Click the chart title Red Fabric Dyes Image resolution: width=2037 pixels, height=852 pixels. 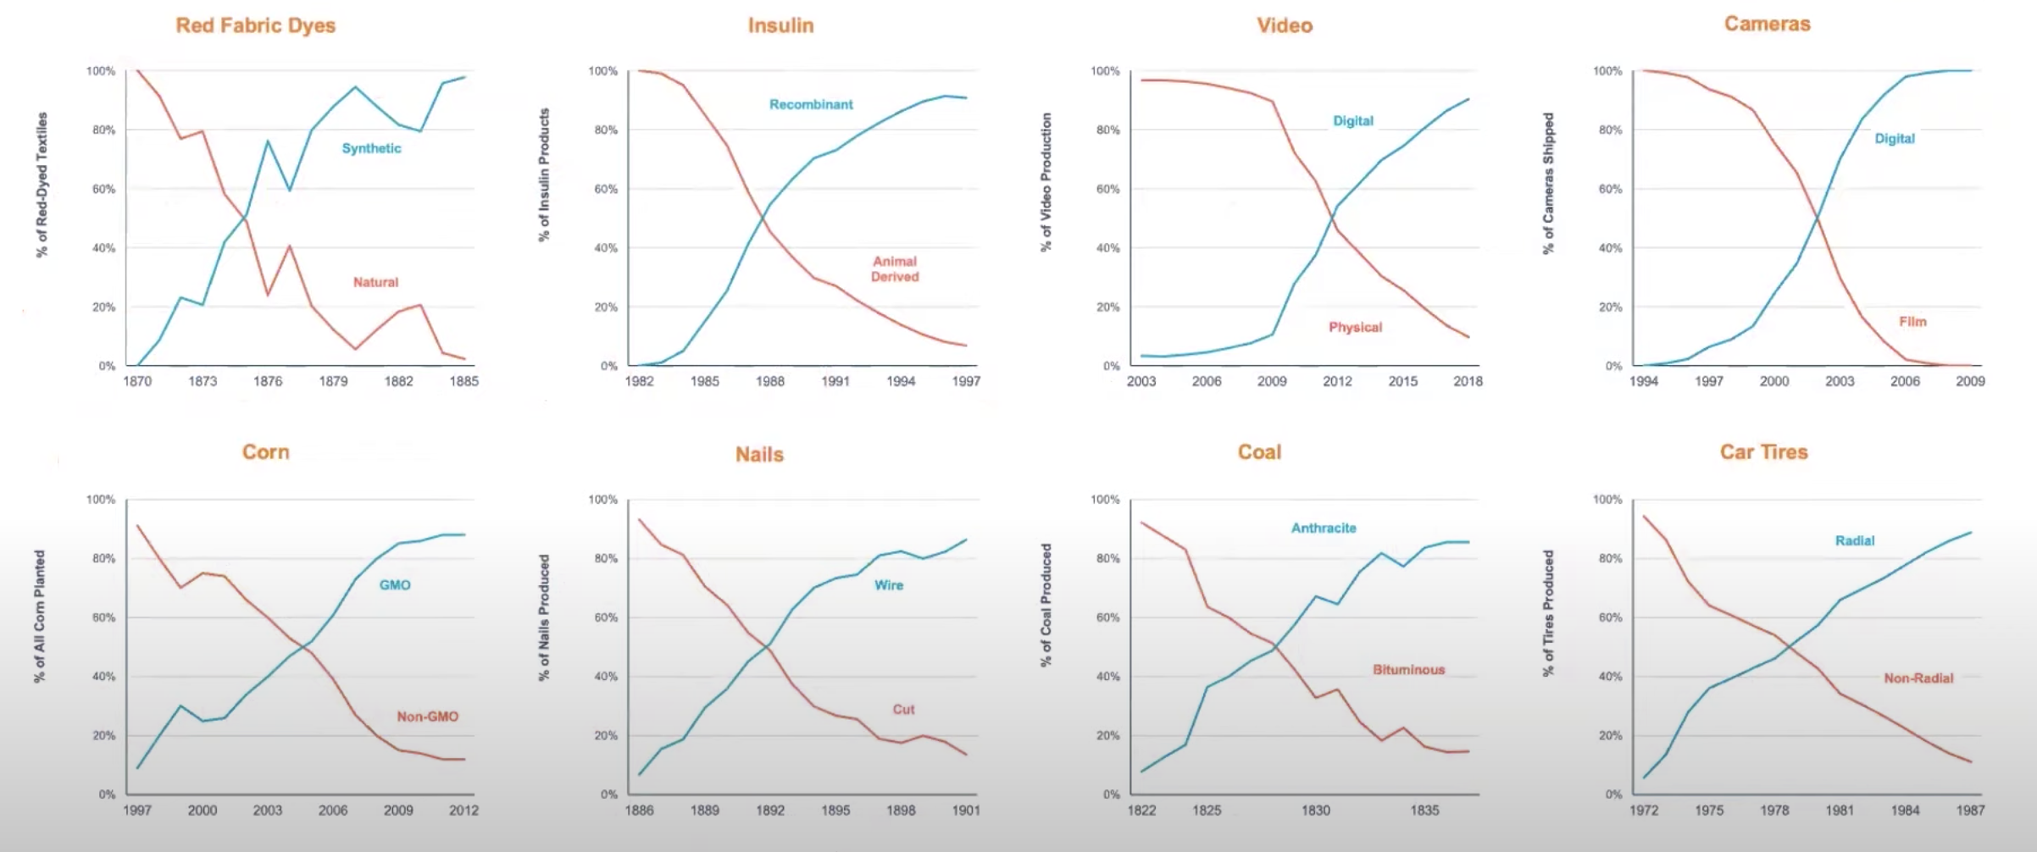[x=255, y=25]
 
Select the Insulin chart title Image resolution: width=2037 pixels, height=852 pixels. [x=780, y=25]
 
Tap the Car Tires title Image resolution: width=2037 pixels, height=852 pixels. [x=1763, y=452]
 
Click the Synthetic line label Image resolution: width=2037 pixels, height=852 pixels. [x=371, y=148]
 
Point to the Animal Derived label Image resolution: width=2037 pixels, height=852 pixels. [x=895, y=269]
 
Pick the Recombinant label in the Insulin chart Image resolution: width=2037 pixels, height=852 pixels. [x=811, y=104]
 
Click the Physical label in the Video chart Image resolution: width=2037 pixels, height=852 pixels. [x=1355, y=327]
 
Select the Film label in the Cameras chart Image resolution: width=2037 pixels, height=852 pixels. [x=1912, y=322]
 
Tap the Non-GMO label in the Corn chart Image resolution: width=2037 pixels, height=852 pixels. [x=427, y=716]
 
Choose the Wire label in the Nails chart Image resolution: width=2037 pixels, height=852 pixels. [x=889, y=585]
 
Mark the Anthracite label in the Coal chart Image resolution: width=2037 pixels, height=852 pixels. [x=1324, y=528]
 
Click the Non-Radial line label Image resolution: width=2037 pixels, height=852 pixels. [x=1918, y=678]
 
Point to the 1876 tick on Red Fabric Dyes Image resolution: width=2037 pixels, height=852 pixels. [x=268, y=381]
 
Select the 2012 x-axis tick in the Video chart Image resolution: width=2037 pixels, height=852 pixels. [x=1337, y=381]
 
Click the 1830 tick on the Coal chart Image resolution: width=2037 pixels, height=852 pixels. [x=1316, y=811]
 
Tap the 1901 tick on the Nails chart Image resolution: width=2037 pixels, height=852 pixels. [x=966, y=811]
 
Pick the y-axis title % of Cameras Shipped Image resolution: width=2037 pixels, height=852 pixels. [x=1548, y=183]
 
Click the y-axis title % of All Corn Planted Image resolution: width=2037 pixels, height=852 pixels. [x=40, y=616]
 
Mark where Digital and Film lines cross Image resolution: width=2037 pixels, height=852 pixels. [x=1817, y=219]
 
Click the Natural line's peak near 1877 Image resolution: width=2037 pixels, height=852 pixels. [x=289, y=246]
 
